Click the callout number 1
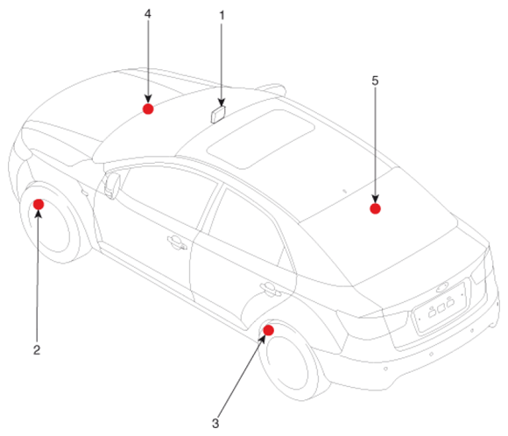[x=222, y=15]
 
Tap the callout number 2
[x=37, y=350]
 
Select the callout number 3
[x=215, y=424]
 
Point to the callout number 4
[x=148, y=14]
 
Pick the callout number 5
[x=375, y=81]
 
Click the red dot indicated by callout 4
[x=148, y=109]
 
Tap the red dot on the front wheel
[x=39, y=204]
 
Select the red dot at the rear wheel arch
[x=269, y=330]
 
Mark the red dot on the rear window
[x=375, y=208]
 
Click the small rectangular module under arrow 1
[x=218, y=115]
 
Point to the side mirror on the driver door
[x=112, y=186]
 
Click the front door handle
[x=177, y=243]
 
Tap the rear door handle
[x=270, y=289]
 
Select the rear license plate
[x=440, y=307]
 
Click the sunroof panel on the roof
[x=261, y=138]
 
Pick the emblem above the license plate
[x=442, y=287]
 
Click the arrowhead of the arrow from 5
[x=375, y=200]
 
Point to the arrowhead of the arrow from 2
[x=39, y=214]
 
